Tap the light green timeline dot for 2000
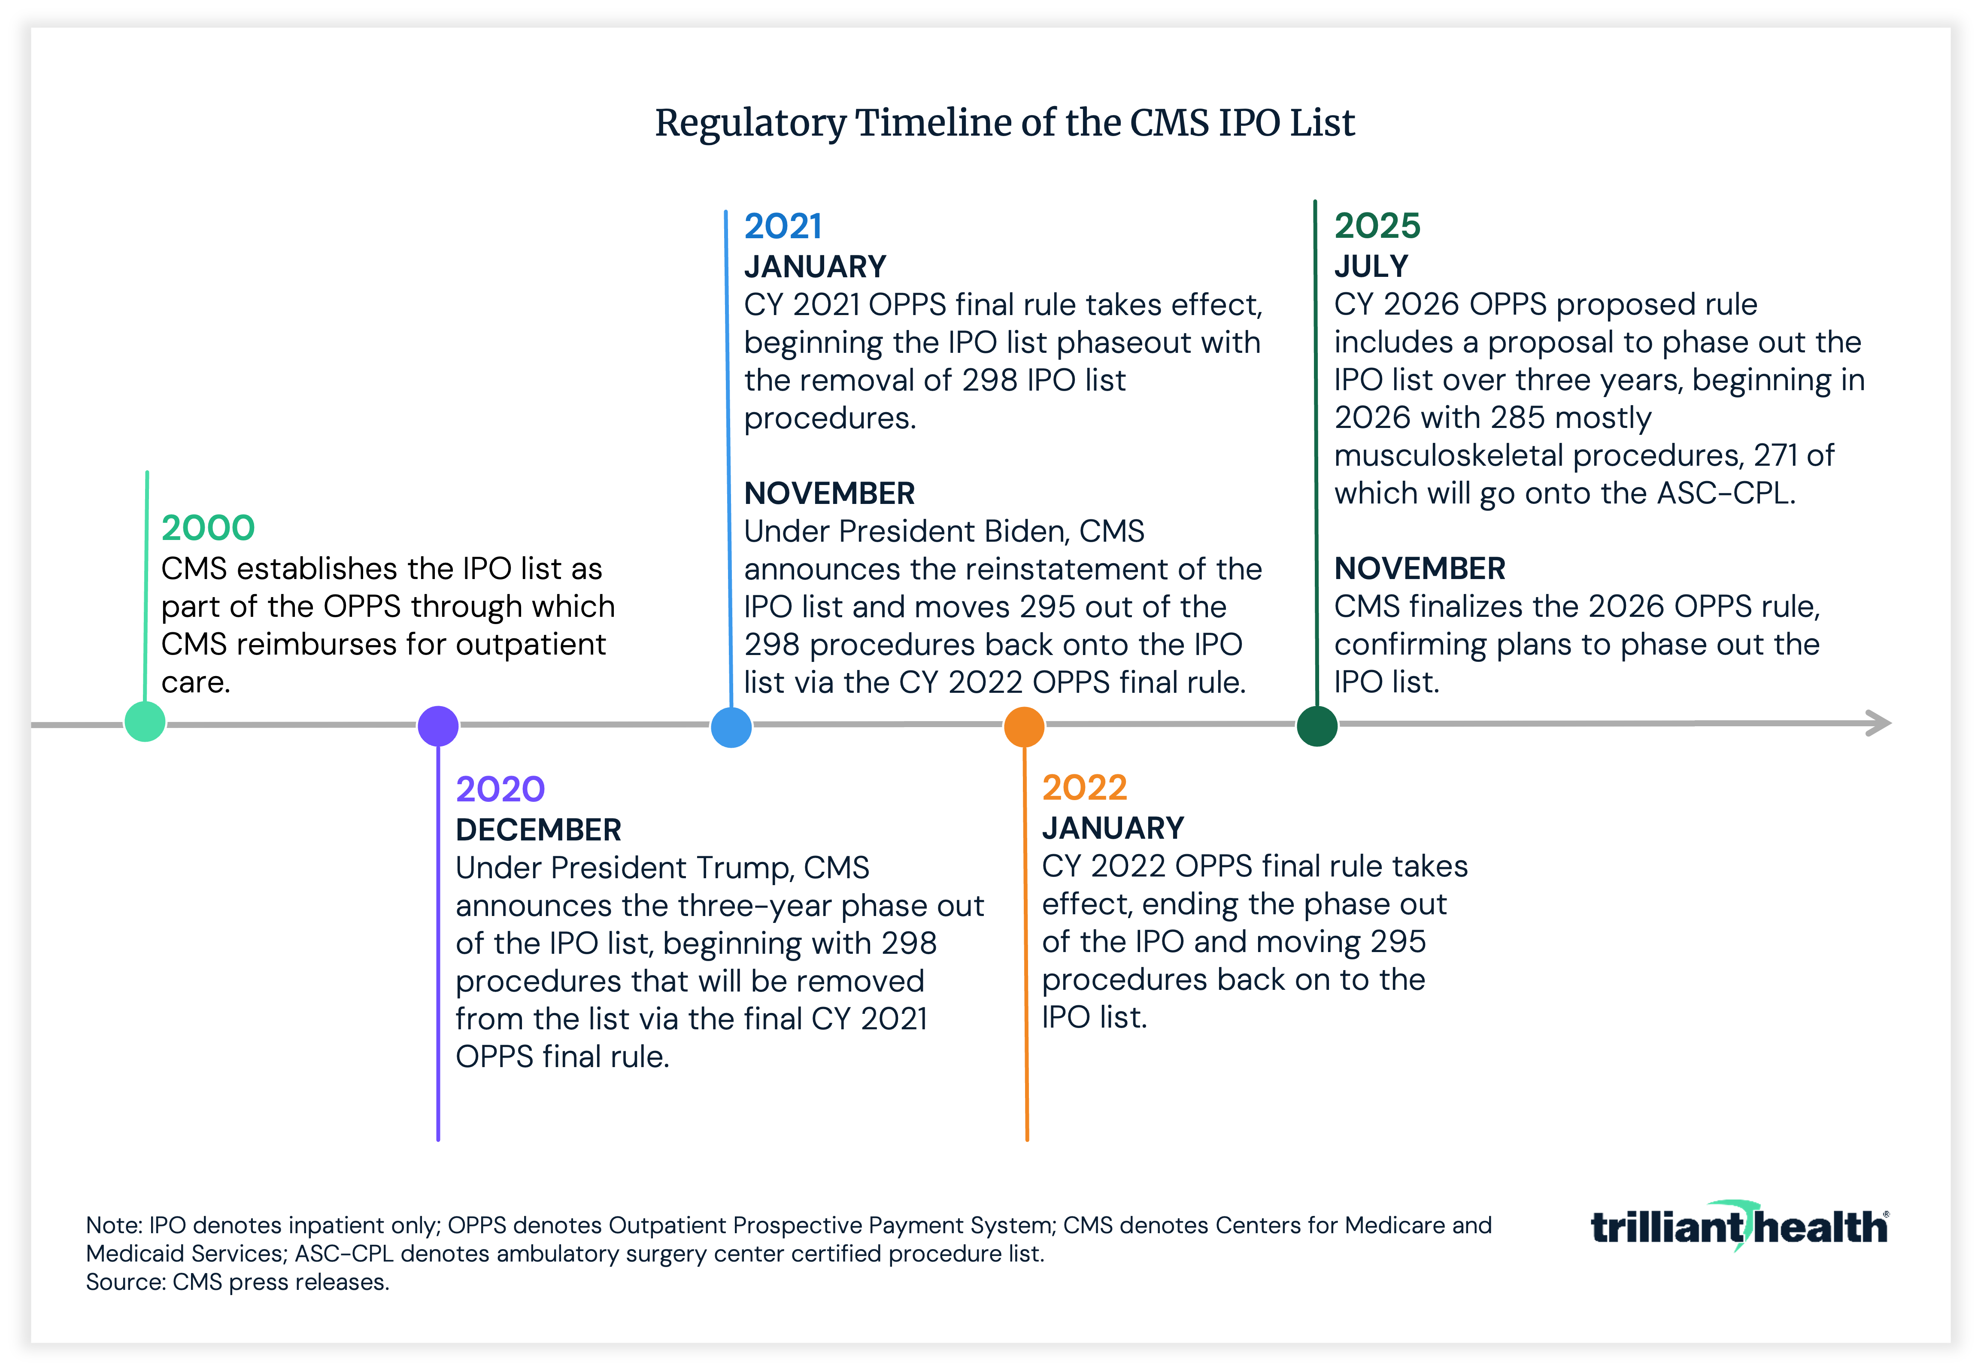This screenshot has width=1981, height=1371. [x=145, y=722]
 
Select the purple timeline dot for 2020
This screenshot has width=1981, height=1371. [x=438, y=726]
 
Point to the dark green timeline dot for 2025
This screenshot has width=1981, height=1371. [x=1317, y=726]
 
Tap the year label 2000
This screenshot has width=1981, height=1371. [x=208, y=528]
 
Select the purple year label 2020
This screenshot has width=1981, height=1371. [x=500, y=789]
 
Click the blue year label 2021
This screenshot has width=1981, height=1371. [x=783, y=226]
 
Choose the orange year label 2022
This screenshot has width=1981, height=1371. [x=1084, y=787]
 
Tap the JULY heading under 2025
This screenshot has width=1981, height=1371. [x=1371, y=266]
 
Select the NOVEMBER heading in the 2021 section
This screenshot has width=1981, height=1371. [x=829, y=493]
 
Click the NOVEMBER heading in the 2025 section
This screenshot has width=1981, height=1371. [x=1419, y=568]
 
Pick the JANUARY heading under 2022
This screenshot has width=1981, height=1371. [x=1113, y=828]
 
